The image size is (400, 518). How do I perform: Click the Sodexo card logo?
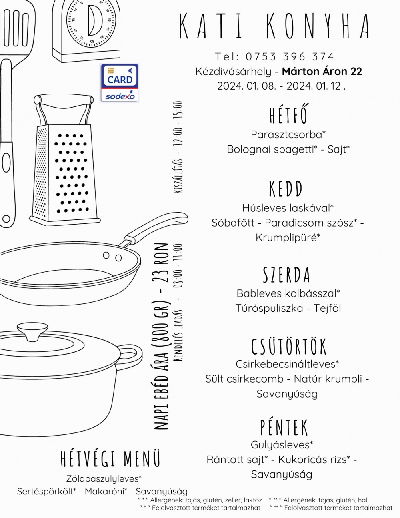(x=119, y=83)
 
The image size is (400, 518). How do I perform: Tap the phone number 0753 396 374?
(x=290, y=57)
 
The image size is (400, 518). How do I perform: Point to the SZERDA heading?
(x=286, y=275)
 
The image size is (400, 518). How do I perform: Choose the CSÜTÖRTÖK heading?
(x=289, y=347)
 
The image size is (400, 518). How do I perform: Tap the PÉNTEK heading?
(x=284, y=427)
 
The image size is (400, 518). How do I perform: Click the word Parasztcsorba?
(x=286, y=135)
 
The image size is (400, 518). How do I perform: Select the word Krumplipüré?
(x=286, y=238)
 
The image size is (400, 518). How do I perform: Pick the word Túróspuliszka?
(x=269, y=308)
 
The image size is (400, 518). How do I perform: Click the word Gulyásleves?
(x=280, y=445)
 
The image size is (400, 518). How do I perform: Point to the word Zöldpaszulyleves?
(x=102, y=479)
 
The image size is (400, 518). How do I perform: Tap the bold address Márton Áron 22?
(x=322, y=71)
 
